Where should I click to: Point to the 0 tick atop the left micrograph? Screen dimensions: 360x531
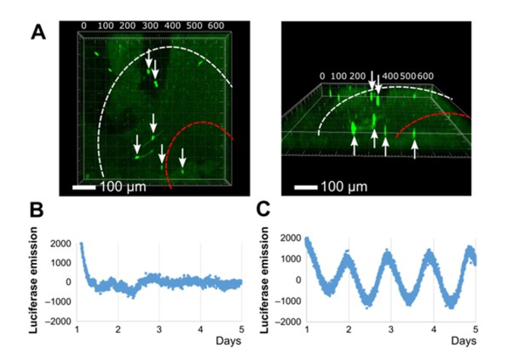point(84,26)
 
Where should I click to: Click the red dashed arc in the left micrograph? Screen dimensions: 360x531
point(190,133)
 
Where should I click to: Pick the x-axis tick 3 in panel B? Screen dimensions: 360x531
point(159,329)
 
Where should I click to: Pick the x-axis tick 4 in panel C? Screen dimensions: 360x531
point(433,329)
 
